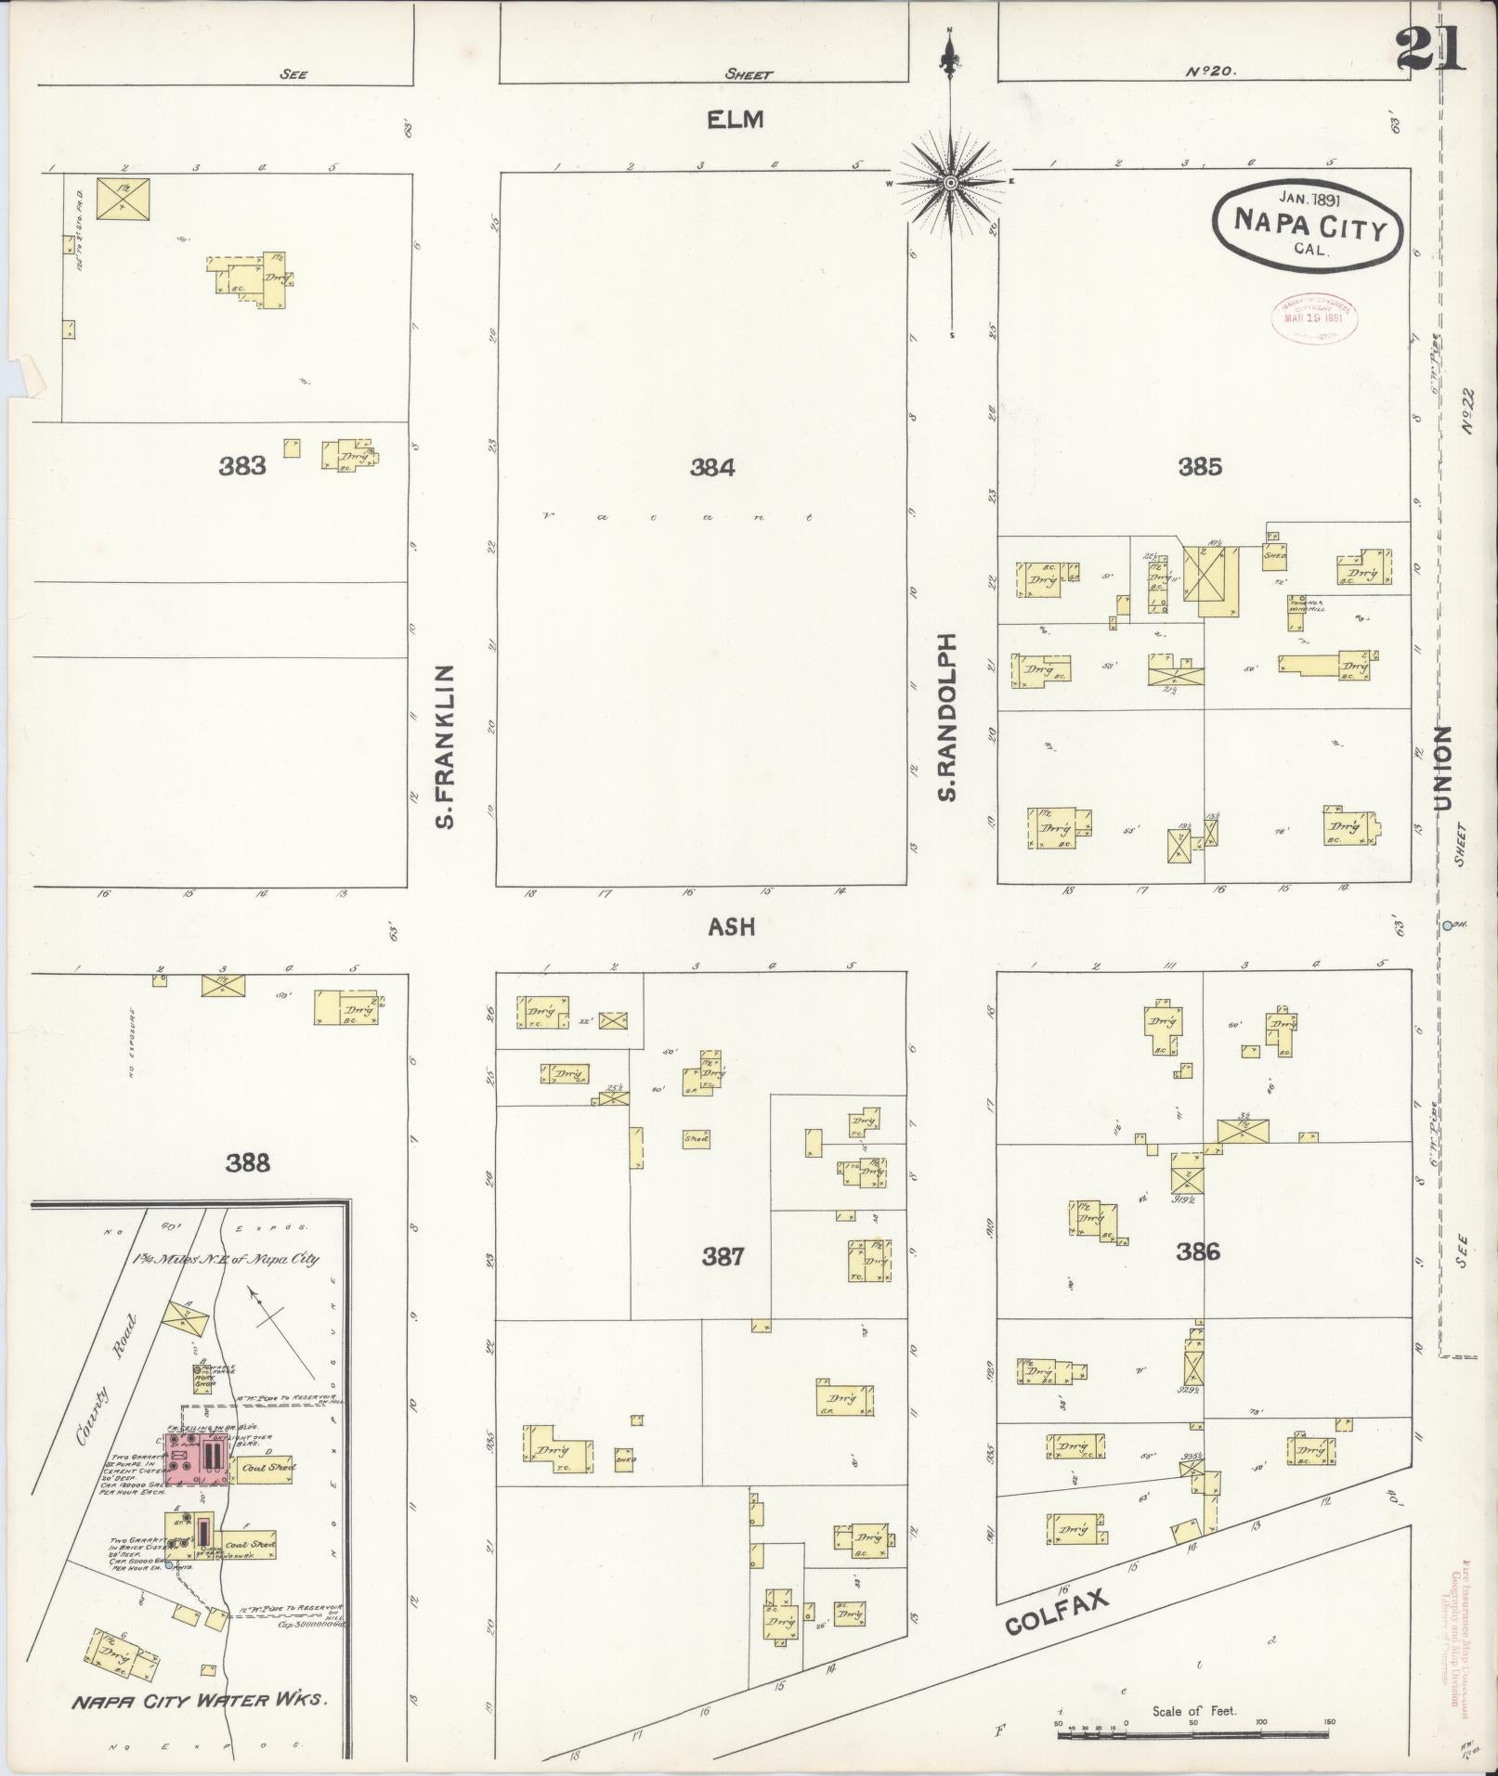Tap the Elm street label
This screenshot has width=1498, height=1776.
coord(734,120)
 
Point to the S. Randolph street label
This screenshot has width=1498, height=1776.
coord(947,717)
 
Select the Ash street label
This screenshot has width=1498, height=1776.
coord(732,927)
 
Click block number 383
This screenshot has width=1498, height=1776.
coord(242,466)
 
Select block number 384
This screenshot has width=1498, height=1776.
coord(712,468)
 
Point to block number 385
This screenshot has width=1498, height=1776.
coord(1200,467)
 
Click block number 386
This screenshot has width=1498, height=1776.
coord(1197,1252)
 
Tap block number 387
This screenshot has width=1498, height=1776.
coord(723,1257)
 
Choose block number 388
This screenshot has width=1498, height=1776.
coord(248,1162)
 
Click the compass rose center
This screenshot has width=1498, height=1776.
coord(950,184)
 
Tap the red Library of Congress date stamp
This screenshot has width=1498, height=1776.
coord(1313,318)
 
